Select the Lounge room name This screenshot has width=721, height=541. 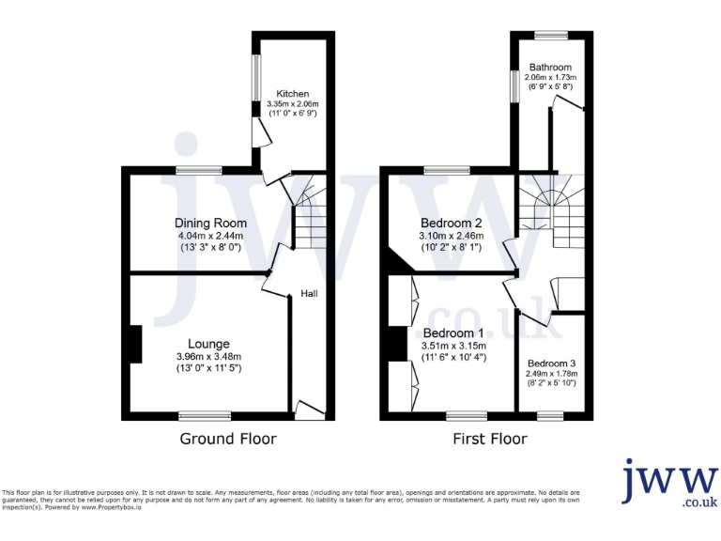pos(207,344)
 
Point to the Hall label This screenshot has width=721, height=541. pos(309,294)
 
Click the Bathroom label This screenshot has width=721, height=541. pos(549,68)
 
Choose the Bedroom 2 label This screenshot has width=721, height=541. pos(451,223)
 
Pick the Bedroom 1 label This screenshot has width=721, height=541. pos(453,332)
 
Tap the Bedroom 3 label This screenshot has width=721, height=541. pos(551,363)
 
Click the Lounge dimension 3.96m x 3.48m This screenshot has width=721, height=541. pos(207,357)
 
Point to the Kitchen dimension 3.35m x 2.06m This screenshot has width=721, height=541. pos(293,104)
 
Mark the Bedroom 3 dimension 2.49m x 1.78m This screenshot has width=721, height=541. pos(551,374)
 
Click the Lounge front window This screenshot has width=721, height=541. pos(205,415)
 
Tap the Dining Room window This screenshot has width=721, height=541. pos(199,170)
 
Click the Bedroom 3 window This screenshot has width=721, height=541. pos(550,415)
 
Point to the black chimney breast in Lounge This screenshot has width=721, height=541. pos(135,344)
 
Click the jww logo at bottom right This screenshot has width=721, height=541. pos(668,484)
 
